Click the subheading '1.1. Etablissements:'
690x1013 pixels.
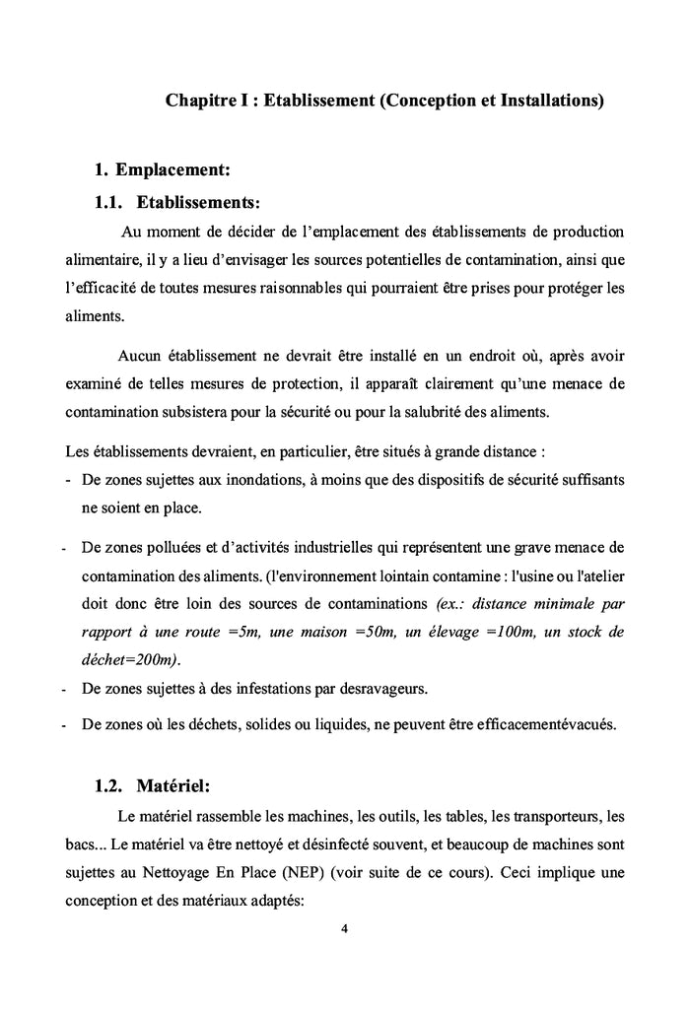click(177, 203)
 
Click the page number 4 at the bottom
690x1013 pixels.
click(344, 927)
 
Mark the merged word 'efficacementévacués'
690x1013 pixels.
click(539, 725)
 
